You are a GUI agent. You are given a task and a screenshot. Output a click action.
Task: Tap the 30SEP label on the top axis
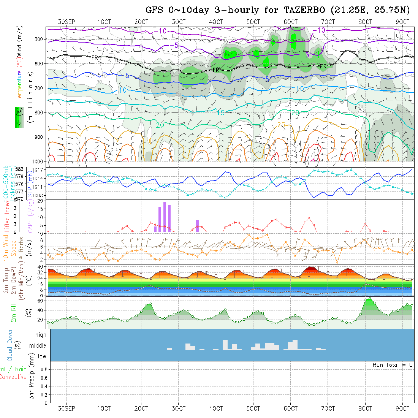pyautogui.click(x=67, y=22)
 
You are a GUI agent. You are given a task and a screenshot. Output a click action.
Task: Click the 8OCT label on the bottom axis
pyautogui.click(x=365, y=408)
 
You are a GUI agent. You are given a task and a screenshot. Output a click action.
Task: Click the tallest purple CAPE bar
pyautogui.click(x=165, y=217)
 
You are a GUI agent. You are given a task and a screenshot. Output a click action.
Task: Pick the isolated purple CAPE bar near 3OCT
pyautogui.click(x=198, y=226)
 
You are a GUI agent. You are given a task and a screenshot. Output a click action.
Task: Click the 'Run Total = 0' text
pyautogui.click(x=393, y=365)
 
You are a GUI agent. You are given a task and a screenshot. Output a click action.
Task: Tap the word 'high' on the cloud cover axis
pyautogui.click(x=41, y=335)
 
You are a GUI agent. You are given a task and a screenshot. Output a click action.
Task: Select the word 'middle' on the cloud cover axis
pyautogui.click(x=38, y=345)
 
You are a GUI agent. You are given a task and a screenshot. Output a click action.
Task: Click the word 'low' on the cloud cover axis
pyautogui.click(x=42, y=356)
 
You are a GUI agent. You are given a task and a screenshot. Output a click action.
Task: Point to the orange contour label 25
pyautogui.click(x=281, y=125)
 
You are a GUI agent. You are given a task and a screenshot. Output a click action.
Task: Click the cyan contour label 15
pyautogui.click(x=221, y=113)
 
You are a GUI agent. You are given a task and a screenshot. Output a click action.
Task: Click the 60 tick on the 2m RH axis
pyautogui.click(x=43, y=301)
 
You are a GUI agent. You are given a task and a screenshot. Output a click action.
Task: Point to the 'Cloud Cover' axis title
pyautogui.click(x=10, y=345)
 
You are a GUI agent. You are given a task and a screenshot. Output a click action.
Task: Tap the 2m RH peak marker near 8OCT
pyautogui.click(x=369, y=299)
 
